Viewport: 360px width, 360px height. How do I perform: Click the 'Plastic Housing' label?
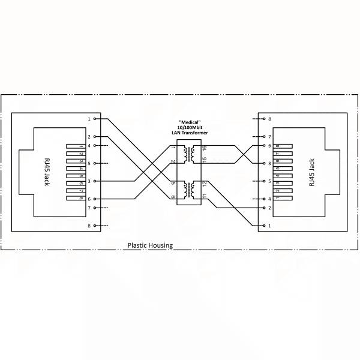click(150, 245)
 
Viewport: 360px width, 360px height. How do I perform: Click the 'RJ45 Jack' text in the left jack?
click(47, 172)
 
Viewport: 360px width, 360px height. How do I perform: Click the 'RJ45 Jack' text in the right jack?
click(311, 172)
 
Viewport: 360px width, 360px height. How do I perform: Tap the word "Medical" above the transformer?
click(190, 122)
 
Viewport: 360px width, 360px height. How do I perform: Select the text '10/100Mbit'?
click(190, 127)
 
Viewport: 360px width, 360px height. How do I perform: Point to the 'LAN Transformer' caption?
click(190, 133)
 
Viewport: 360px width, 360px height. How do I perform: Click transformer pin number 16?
click(205, 148)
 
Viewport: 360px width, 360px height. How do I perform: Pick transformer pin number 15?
click(205, 160)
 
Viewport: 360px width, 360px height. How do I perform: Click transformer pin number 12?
click(205, 184)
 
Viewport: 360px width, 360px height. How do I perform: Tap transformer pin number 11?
click(205, 196)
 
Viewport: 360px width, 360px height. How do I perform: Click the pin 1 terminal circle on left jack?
click(95, 119)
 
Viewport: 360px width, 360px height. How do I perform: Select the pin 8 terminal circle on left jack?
click(95, 226)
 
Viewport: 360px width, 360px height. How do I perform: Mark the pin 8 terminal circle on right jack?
click(264, 119)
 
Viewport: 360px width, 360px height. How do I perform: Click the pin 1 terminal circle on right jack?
click(264, 226)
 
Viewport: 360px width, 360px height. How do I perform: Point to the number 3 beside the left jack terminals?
click(89, 181)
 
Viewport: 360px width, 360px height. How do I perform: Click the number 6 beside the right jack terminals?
click(269, 146)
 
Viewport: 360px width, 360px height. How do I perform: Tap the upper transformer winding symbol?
click(189, 154)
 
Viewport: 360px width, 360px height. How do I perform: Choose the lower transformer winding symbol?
click(189, 190)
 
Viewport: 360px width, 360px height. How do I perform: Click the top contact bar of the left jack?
click(76, 146)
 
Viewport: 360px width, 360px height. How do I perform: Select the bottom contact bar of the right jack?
click(283, 198)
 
